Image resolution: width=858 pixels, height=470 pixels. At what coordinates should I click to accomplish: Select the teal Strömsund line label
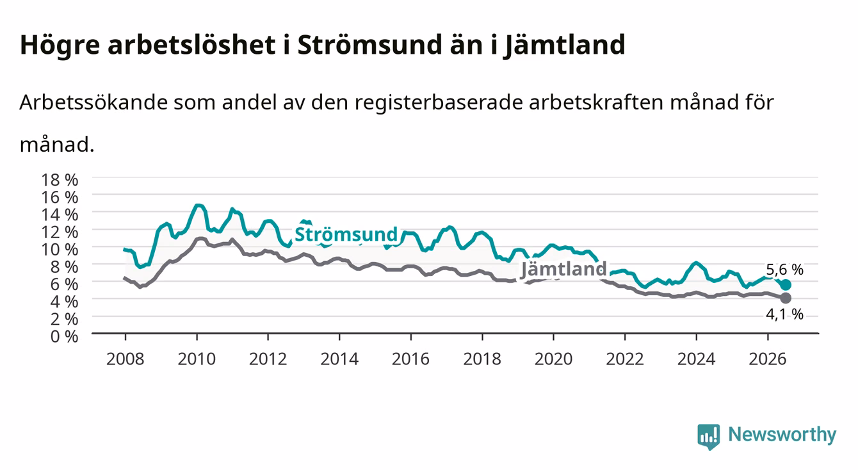[x=346, y=234]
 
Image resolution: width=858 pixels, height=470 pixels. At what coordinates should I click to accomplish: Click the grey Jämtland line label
[x=563, y=269]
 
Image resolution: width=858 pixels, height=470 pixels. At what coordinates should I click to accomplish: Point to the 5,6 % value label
[x=784, y=270]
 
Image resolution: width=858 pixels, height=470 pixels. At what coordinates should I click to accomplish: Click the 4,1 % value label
[x=784, y=314]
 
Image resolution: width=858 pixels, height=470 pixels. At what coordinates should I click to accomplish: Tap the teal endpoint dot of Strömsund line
[x=786, y=284]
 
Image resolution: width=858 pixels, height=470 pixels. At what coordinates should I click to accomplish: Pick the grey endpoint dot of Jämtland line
[x=786, y=298]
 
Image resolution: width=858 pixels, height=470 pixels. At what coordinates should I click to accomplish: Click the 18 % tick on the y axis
[x=60, y=180]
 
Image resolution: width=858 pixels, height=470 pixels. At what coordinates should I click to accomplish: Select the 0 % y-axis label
[x=64, y=336]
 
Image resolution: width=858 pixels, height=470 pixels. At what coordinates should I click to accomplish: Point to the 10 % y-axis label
[x=60, y=249]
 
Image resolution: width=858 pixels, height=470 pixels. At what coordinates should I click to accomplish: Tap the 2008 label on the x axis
[x=125, y=359]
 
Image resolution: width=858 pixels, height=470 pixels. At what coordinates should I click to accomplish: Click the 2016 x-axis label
[x=410, y=359]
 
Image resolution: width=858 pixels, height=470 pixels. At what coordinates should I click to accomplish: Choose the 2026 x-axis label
[x=768, y=359]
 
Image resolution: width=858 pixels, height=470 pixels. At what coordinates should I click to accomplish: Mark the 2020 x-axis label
[x=553, y=359]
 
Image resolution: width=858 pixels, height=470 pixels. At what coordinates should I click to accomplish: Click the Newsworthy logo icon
[x=708, y=437]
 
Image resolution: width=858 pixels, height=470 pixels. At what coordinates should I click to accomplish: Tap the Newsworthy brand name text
[x=782, y=435]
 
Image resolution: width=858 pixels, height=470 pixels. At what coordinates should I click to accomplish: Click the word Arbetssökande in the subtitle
[x=93, y=102]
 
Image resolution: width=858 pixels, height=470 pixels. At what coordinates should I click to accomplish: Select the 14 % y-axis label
[x=60, y=215]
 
